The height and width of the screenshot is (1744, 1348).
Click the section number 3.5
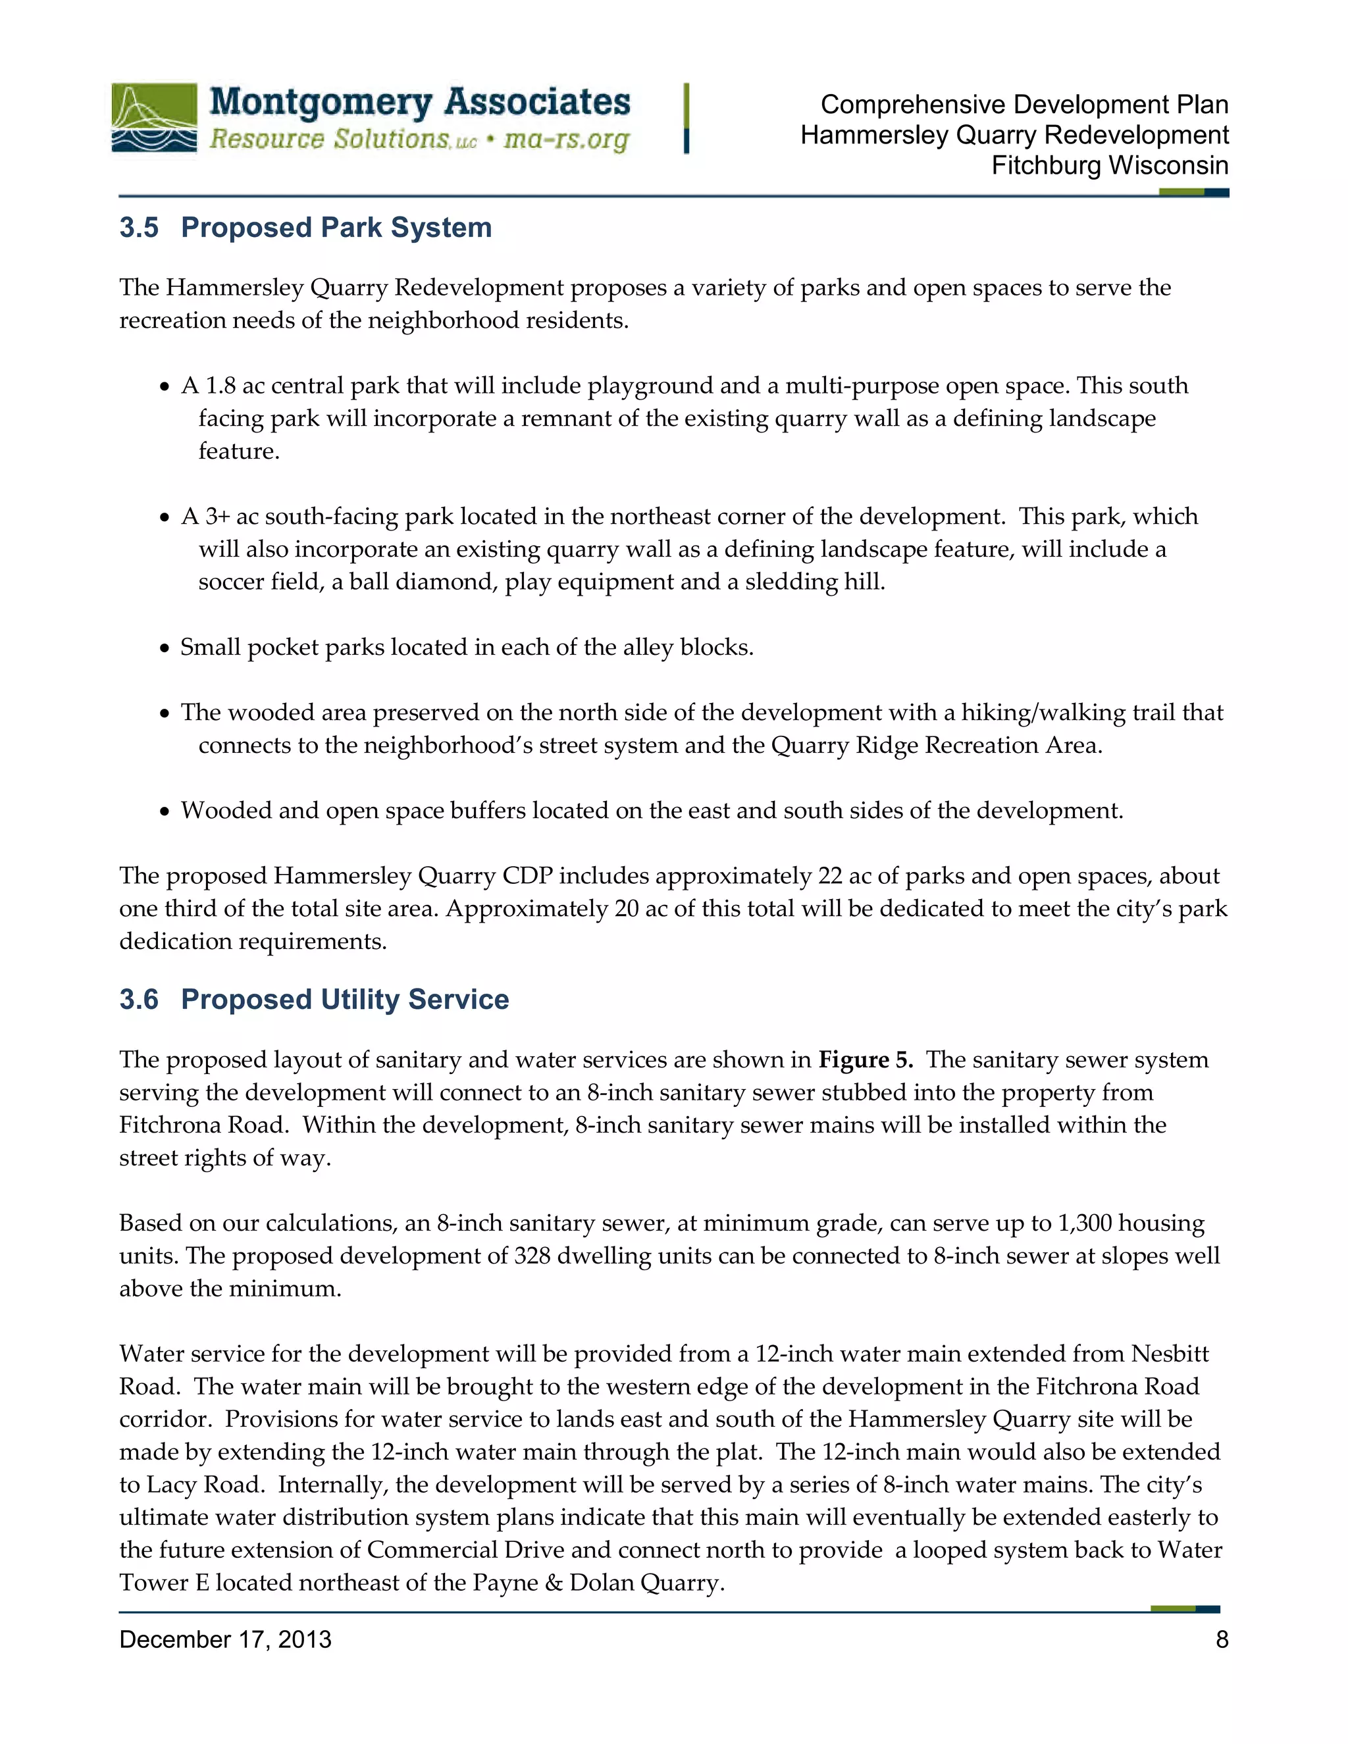139,228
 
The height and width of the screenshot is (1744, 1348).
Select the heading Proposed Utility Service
344,1000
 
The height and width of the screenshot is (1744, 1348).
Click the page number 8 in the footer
1221,1639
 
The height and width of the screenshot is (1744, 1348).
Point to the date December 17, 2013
225,1639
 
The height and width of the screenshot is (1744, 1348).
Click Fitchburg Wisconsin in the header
1109,165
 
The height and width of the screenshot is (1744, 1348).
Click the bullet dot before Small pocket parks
165,648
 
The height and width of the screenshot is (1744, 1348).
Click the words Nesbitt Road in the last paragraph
1170,1354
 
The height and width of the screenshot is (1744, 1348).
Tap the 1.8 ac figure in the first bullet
235,386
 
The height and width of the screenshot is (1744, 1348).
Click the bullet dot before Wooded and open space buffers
165,811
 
